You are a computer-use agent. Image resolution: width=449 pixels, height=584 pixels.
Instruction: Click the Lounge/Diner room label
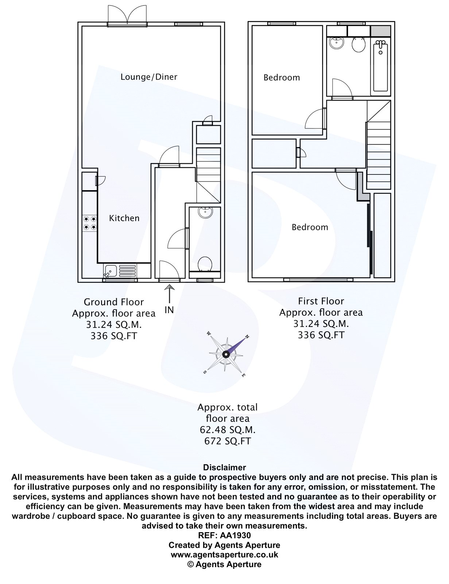(149, 77)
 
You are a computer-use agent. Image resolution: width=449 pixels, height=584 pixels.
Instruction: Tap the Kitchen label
(124, 218)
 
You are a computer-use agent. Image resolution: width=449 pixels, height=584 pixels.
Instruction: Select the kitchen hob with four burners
(90, 223)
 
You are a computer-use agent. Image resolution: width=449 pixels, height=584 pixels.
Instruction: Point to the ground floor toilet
(205, 264)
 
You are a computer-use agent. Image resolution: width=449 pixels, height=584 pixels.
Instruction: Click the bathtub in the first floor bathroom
(381, 66)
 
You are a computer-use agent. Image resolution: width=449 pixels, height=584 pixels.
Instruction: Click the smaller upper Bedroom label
(282, 78)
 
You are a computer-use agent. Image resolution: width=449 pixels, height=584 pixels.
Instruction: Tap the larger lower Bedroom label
(310, 227)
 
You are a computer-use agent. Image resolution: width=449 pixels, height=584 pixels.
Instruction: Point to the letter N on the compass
(247, 337)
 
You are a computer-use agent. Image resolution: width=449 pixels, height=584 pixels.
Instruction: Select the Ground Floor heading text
(114, 302)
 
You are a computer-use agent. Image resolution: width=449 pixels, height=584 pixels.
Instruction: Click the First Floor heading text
(321, 301)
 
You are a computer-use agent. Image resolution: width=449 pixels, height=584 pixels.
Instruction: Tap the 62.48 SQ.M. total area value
(228, 430)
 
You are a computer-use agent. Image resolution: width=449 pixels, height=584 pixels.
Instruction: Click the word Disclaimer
(224, 468)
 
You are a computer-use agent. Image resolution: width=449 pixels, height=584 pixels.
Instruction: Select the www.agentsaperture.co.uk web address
(224, 554)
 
